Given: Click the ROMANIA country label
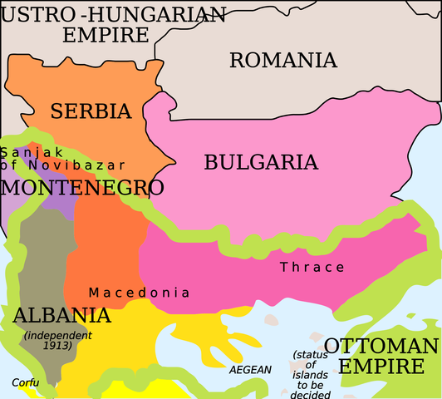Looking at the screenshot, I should click(283, 60).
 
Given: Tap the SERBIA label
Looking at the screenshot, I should click(91, 111).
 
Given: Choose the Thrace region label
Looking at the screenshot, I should click(312, 267).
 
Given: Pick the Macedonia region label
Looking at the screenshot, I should click(139, 293).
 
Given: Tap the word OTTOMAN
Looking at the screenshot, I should click(381, 346).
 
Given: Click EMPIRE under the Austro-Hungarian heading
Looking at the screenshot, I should click(106, 35).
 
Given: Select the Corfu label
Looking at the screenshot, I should click(25, 382).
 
